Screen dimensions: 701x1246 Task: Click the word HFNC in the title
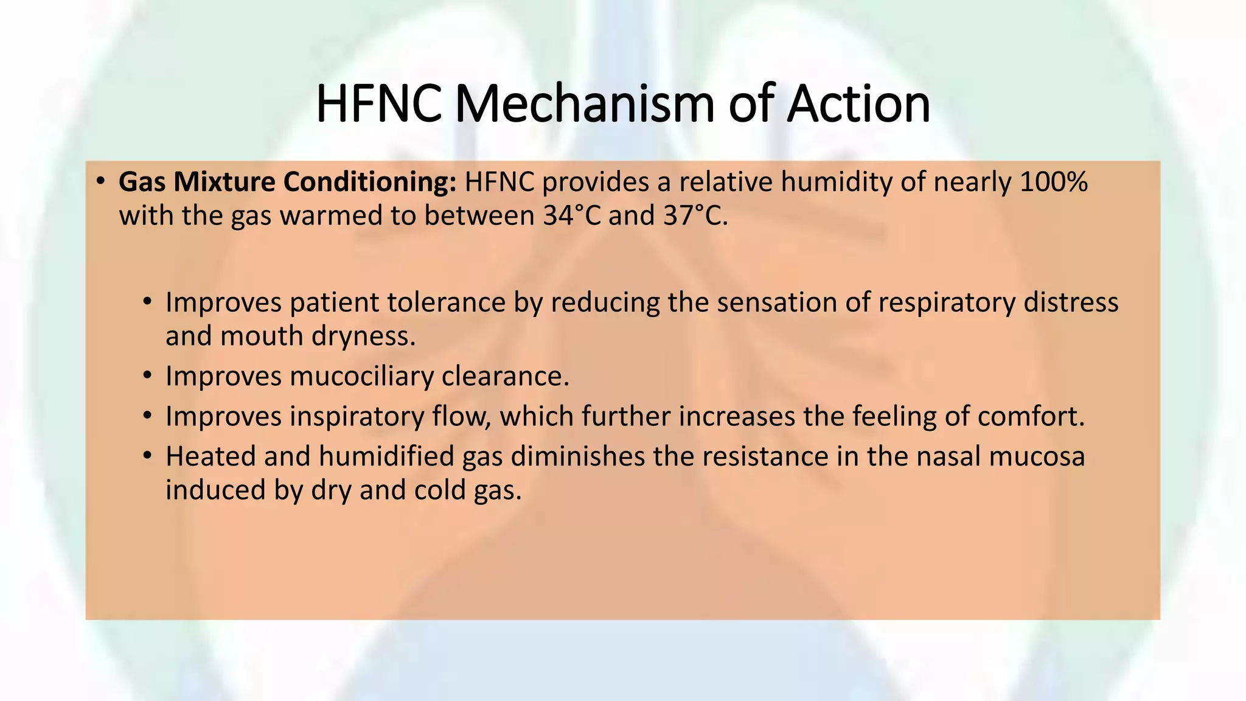click(378, 104)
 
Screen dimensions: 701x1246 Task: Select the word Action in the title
click(858, 104)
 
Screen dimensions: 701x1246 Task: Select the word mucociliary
click(361, 376)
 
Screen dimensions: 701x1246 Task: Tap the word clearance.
click(505, 376)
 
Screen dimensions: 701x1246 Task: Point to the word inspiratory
click(357, 417)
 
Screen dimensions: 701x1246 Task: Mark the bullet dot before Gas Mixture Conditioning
click(101, 181)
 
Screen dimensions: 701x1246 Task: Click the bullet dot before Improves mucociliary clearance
click(147, 376)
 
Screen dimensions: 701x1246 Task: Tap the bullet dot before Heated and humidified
click(147, 456)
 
